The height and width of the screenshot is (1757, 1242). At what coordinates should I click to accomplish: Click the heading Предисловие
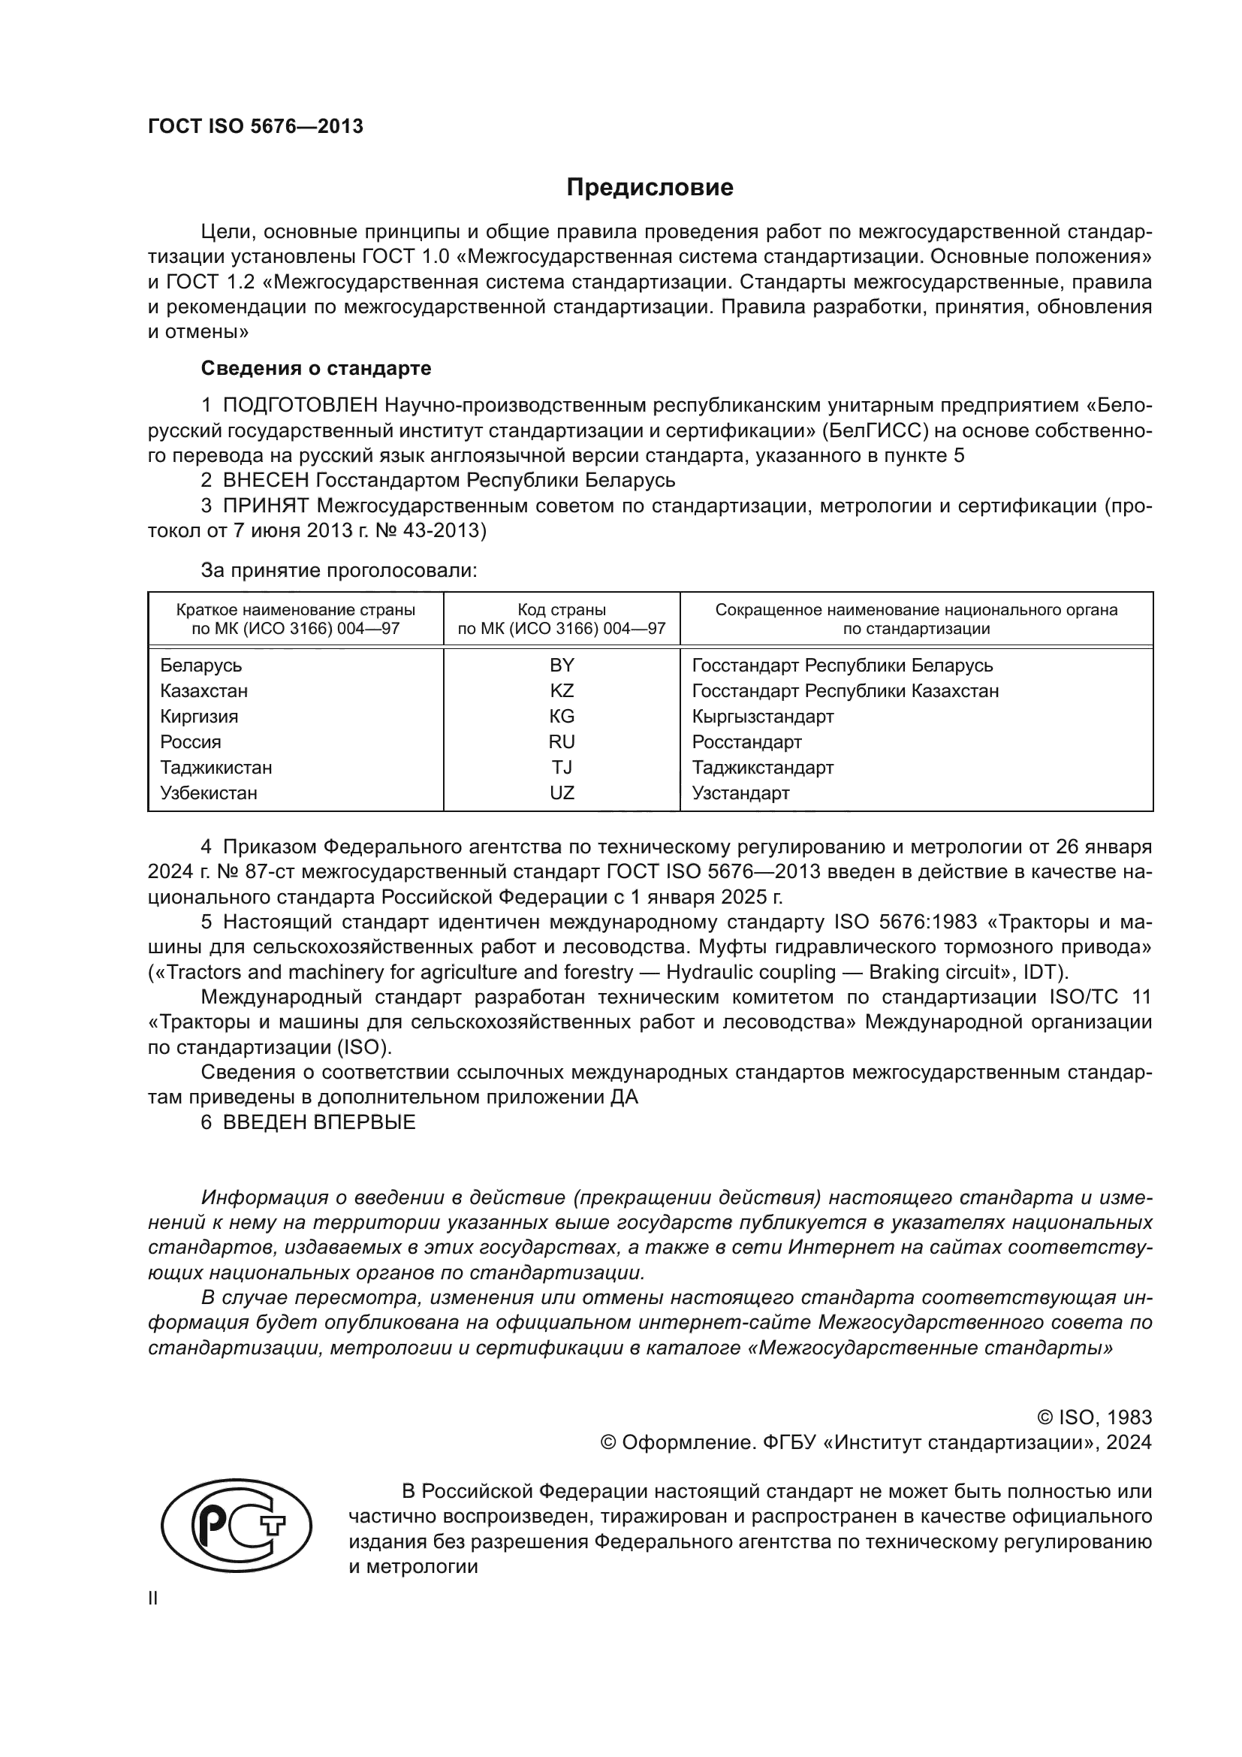(x=650, y=188)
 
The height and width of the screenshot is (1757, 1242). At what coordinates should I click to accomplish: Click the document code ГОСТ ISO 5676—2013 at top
(x=255, y=126)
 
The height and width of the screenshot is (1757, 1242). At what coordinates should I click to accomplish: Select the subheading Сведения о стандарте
(x=316, y=368)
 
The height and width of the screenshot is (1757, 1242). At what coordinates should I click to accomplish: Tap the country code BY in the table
(x=562, y=665)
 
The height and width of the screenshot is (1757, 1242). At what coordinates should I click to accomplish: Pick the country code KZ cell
(x=562, y=690)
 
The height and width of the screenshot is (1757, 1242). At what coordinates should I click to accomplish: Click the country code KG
(x=562, y=717)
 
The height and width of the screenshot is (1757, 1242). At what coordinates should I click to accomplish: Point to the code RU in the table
(x=562, y=741)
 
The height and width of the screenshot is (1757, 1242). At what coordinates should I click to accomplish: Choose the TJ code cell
(x=562, y=767)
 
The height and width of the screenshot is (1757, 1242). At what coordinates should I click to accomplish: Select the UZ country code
(x=562, y=792)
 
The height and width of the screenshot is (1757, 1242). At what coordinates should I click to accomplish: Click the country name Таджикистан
(x=216, y=767)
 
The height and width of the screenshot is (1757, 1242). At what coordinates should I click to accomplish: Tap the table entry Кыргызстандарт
(x=762, y=717)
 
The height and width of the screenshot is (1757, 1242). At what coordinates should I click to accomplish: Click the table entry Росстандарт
(x=746, y=741)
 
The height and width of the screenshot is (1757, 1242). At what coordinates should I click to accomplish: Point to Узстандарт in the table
(x=740, y=792)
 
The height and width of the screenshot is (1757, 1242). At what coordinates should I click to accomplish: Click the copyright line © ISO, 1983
(x=1093, y=1418)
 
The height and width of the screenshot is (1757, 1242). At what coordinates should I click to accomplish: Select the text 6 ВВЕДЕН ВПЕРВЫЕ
(x=308, y=1122)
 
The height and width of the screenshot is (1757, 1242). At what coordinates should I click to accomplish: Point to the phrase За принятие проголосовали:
(x=339, y=570)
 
